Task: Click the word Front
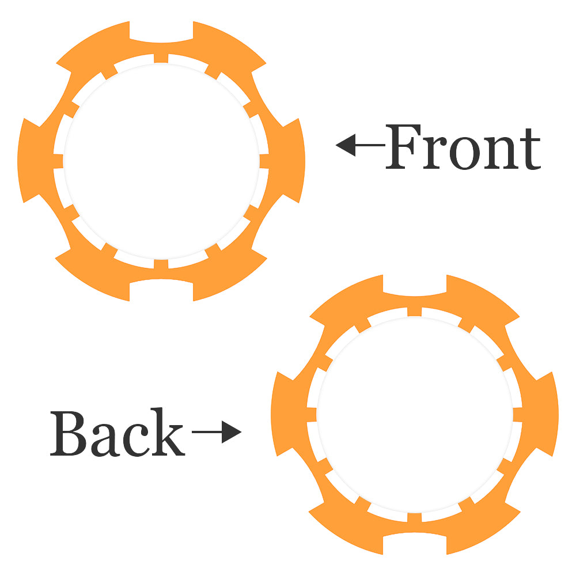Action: [464, 147]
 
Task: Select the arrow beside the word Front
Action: [360, 145]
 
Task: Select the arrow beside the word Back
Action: [216, 432]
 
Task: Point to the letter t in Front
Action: [530, 151]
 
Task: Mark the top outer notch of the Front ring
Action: [161, 35]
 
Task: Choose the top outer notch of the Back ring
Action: [415, 288]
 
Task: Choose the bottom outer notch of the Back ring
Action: [415, 541]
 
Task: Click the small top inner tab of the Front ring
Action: [161, 59]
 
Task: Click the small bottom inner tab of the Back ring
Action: [415, 517]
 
